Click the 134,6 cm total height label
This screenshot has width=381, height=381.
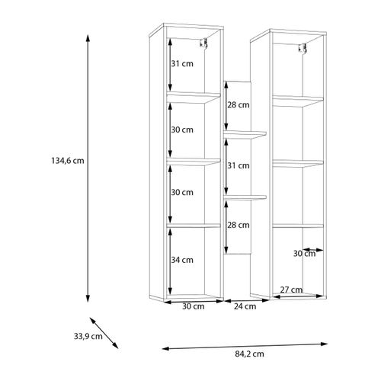[68, 161]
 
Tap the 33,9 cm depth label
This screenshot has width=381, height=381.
[88, 336]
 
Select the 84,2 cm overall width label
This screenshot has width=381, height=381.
[249, 354]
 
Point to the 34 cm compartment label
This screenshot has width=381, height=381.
[182, 260]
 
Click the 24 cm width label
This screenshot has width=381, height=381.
[245, 306]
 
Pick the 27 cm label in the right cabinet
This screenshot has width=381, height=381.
[291, 290]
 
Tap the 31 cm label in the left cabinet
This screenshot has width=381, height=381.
[182, 63]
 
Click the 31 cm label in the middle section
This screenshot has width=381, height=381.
[239, 165]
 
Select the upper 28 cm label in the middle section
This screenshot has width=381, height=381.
[239, 104]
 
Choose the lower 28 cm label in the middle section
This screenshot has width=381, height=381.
[239, 225]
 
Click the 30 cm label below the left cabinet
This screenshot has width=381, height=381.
[194, 306]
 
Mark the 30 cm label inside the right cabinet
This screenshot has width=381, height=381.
[304, 254]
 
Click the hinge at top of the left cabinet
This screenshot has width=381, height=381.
[203, 43]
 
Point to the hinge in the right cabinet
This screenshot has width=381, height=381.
[303, 48]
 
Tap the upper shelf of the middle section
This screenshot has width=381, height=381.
[245, 135]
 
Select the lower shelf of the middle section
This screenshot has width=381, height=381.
[245, 197]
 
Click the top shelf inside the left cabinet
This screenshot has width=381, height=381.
[194, 98]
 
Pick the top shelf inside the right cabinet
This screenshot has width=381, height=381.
[298, 101]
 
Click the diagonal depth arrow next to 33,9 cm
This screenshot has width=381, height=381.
[104, 333]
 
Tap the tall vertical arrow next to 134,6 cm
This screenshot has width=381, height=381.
[88, 168]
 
